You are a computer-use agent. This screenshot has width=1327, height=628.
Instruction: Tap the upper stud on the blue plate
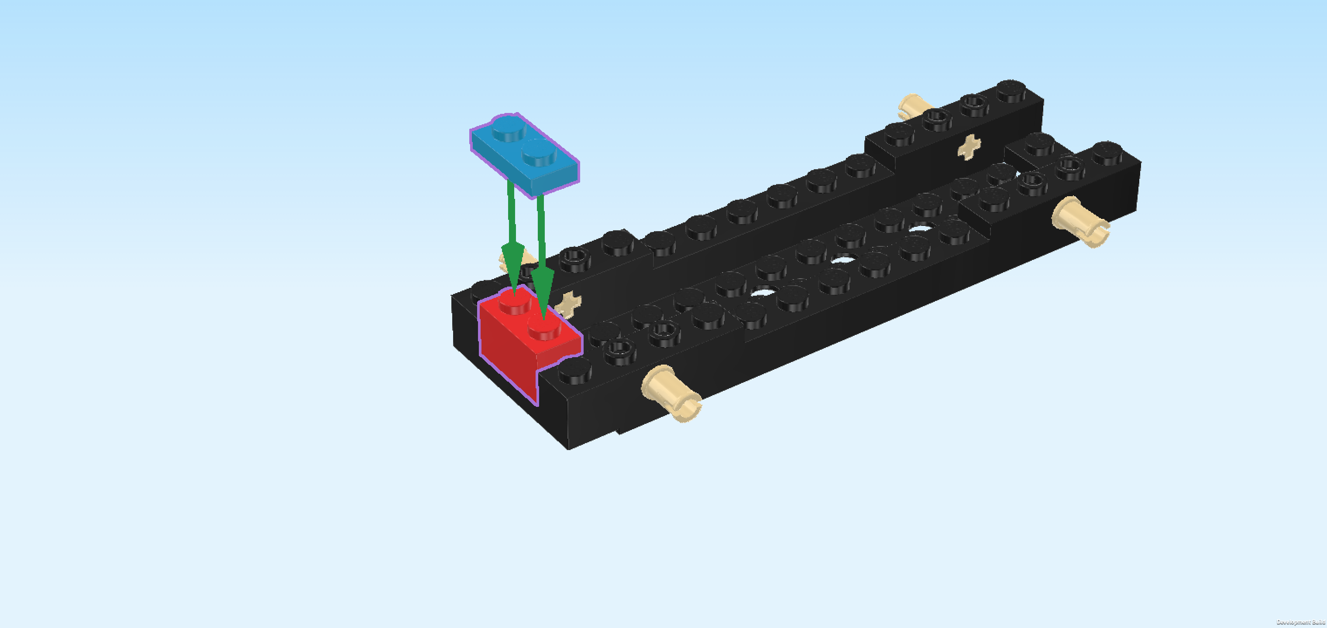pyautogui.click(x=509, y=127)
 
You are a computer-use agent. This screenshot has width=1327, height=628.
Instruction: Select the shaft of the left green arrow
pyautogui.click(x=511, y=211)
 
